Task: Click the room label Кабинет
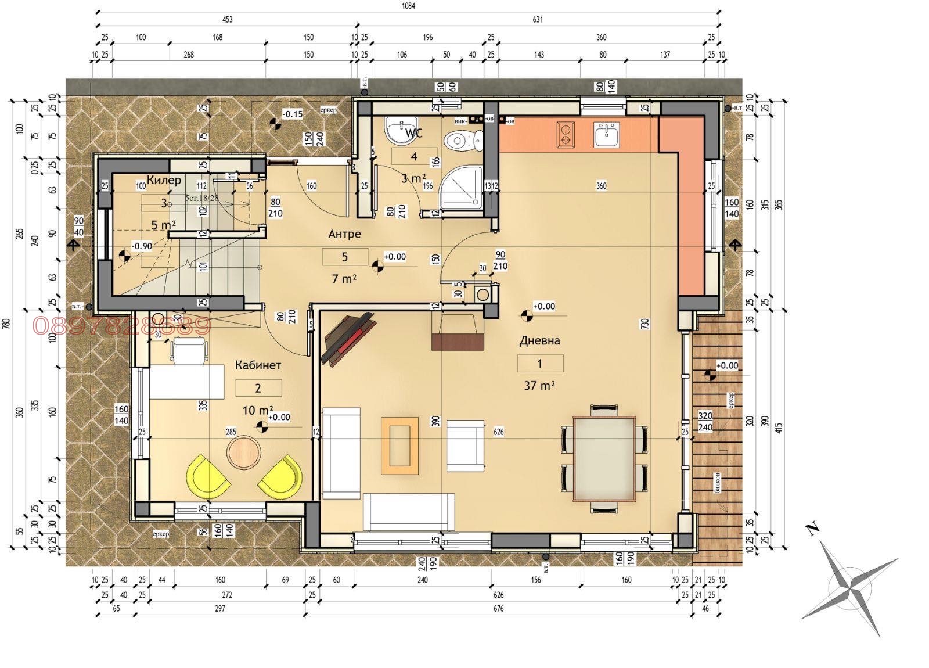pos(258,365)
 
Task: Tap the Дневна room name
pos(539,340)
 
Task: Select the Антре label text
pos(344,234)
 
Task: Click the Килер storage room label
pos(164,180)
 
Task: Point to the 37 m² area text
pos(539,385)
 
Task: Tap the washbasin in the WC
pos(402,130)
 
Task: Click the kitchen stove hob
pos(566,134)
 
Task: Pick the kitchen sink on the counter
pos(606,134)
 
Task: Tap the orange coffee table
pos(400,446)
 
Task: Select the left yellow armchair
pos(208,476)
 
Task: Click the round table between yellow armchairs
pos(244,451)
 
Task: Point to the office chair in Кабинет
pos(189,351)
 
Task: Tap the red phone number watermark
pos(121,325)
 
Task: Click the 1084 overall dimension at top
pos(408,6)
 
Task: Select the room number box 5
pos(345,257)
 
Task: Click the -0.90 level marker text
pos(142,246)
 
